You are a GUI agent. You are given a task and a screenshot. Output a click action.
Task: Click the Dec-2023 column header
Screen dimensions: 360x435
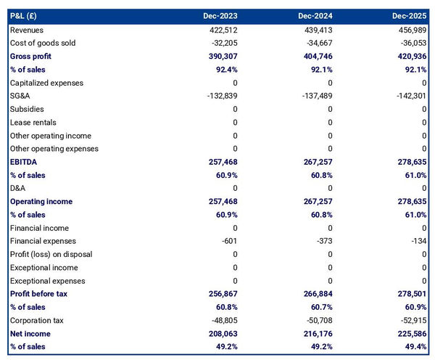(x=220, y=16)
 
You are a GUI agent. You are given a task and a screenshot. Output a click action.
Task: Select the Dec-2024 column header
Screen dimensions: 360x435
(x=315, y=16)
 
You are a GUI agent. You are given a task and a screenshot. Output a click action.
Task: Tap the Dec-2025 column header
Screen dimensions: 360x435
(x=410, y=16)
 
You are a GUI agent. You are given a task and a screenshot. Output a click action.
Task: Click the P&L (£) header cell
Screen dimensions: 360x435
(x=25, y=16)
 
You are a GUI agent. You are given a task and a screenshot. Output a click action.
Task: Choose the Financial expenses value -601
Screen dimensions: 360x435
(x=228, y=241)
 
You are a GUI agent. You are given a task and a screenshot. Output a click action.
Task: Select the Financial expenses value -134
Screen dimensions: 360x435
(x=419, y=241)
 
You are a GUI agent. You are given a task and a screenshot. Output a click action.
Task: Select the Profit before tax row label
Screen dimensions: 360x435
(x=38, y=294)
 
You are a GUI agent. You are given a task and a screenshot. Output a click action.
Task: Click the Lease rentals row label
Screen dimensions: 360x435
(x=33, y=122)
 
